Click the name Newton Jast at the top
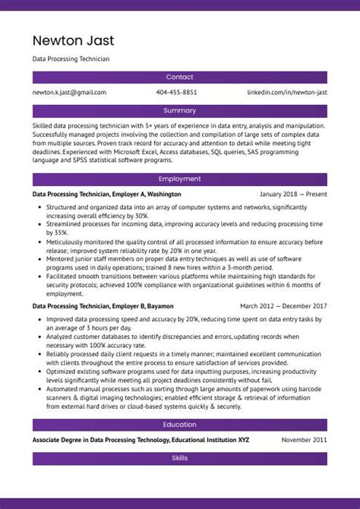tap(73, 40)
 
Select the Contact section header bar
tap(180, 77)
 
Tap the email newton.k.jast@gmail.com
tap(69, 93)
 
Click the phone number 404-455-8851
tap(176, 93)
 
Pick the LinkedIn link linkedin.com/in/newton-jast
tap(287, 93)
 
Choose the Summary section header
tap(180, 111)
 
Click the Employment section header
tap(180, 179)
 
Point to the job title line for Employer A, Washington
tap(106, 194)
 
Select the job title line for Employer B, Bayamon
tap(103, 306)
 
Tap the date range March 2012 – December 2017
tap(283, 306)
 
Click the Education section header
tap(180, 425)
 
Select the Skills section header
tap(180, 459)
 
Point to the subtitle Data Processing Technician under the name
tap(71, 58)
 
